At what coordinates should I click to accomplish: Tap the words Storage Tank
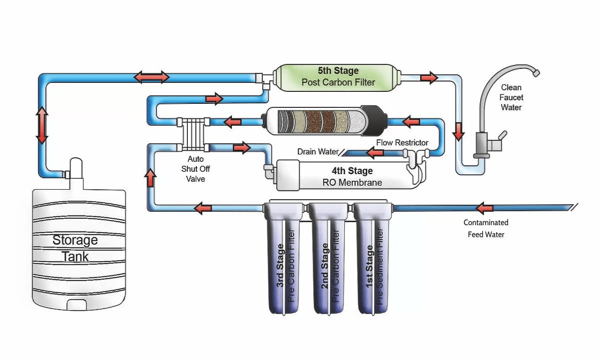(x=75, y=248)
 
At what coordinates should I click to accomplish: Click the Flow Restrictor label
(x=402, y=143)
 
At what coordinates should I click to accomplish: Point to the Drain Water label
(x=318, y=151)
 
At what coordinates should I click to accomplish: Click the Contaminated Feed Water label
(x=486, y=228)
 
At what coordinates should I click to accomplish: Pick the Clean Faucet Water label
(x=511, y=97)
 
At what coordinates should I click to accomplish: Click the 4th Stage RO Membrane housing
(x=345, y=176)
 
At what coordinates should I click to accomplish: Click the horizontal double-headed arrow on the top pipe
(x=151, y=77)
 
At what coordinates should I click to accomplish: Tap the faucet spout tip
(x=536, y=73)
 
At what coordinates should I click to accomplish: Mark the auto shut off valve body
(x=193, y=134)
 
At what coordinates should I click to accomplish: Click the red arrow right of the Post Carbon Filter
(x=429, y=77)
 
